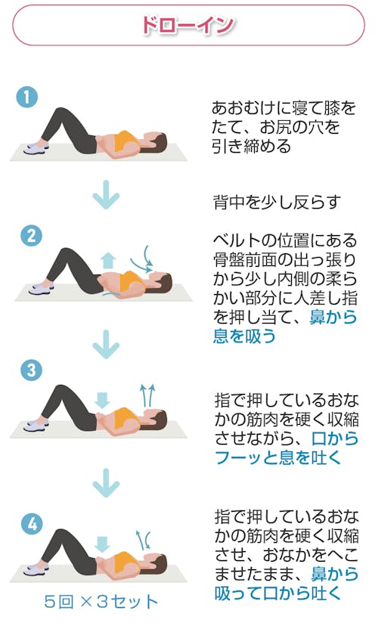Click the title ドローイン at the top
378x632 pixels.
(187, 26)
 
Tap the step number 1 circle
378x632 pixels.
(27, 98)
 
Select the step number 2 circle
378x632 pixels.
(32, 236)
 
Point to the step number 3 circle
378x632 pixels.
(32, 370)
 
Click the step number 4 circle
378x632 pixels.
(33, 524)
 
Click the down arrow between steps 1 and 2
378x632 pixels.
(106, 195)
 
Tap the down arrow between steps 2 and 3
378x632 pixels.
(106, 344)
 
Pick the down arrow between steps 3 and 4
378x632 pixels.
(106, 482)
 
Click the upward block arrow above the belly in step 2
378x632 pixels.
(107, 260)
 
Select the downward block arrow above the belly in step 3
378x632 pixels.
(102, 400)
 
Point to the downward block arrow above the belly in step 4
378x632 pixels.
(102, 544)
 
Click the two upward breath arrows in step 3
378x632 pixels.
(147, 395)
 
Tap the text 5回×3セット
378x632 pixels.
(101, 602)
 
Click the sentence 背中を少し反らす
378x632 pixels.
(277, 203)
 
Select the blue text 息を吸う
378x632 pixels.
(245, 336)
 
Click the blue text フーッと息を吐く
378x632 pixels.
(278, 458)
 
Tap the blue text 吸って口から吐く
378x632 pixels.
(278, 593)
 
